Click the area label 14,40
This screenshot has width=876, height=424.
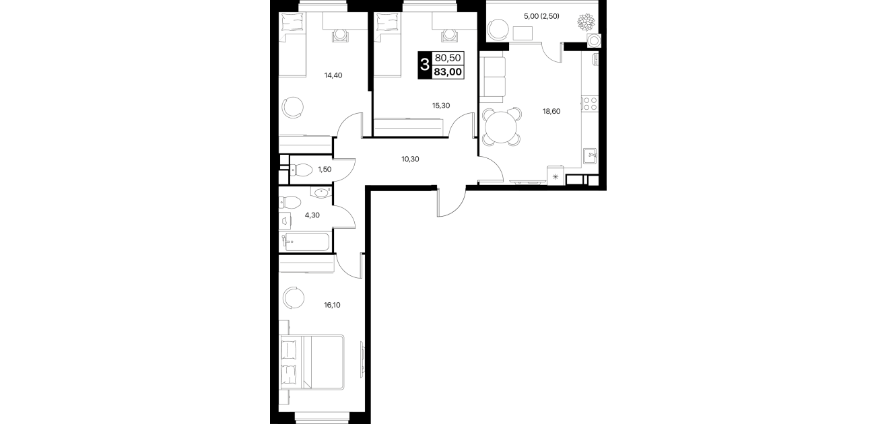pyautogui.click(x=333, y=75)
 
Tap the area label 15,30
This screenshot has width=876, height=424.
pyautogui.click(x=441, y=106)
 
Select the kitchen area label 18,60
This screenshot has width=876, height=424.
pyautogui.click(x=551, y=111)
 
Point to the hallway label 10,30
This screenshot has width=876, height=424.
pyautogui.click(x=410, y=159)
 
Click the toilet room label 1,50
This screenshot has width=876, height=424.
pyautogui.click(x=325, y=169)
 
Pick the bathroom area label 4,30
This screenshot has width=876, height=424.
pyautogui.click(x=312, y=215)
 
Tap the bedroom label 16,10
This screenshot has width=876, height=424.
pyautogui.click(x=332, y=305)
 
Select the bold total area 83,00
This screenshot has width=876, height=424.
pyautogui.click(x=447, y=72)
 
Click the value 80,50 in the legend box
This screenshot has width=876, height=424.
pyautogui.click(x=448, y=59)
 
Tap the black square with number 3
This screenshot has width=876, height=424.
pyautogui.click(x=424, y=65)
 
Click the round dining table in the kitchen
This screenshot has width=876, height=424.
pyautogui.click(x=502, y=127)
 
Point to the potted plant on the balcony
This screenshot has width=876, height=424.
pyautogui.click(x=586, y=22)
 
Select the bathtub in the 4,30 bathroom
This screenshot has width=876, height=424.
pyautogui.click(x=306, y=242)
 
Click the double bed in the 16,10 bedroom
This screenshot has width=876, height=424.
pyautogui.click(x=312, y=362)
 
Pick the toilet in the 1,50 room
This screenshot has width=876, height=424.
pyautogui.click(x=300, y=170)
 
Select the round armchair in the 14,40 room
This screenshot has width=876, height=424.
pyautogui.click(x=293, y=107)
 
